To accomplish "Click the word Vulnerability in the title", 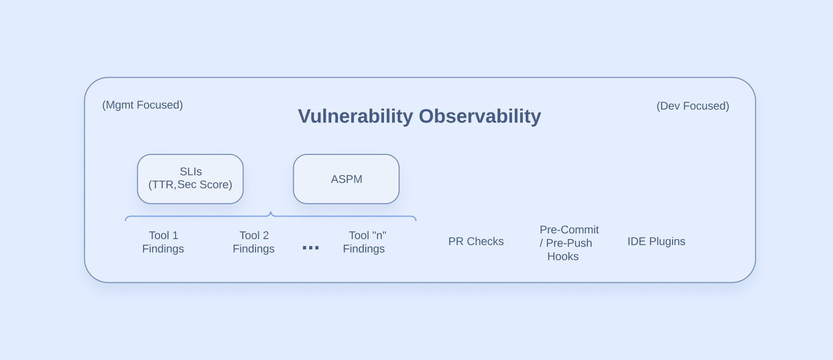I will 355,116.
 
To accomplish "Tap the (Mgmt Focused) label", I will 143,105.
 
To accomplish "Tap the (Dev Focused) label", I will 693,106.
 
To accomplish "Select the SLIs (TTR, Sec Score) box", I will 190,179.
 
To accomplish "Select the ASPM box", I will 346,179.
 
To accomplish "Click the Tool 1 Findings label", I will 163,242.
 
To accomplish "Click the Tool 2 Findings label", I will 254,242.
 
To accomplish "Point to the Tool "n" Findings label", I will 365,242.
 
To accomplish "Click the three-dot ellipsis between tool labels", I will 311,248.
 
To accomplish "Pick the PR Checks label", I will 476,241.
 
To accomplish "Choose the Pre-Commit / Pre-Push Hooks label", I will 567,243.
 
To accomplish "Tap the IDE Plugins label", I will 656,241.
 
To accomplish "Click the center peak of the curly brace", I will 271,213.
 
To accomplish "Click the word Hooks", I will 563,256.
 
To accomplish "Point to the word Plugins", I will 667,241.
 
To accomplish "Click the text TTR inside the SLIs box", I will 163,184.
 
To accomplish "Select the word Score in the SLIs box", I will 215,184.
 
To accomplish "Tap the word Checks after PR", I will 485,241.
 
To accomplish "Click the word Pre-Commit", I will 569,230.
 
